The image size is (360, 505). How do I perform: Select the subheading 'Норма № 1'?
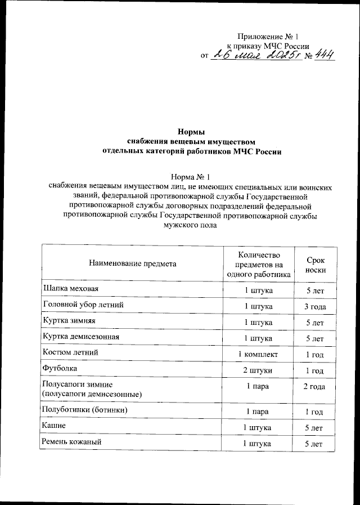click(x=190, y=176)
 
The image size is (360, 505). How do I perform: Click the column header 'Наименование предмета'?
click(x=132, y=263)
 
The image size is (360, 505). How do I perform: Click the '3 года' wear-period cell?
click(x=315, y=306)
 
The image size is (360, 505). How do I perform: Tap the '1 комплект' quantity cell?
click(x=258, y=355)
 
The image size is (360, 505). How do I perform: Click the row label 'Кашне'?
click(x=55, y=426)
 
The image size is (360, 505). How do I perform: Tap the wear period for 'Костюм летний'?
click(x=314, y=355)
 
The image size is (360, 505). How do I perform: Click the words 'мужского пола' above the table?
click(x=190, y=225)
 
